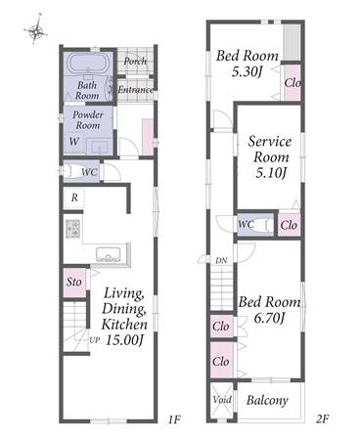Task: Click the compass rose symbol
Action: pyautogui.click(x=36, y=29)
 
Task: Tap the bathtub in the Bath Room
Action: pyautogui.click(x=87, y=63)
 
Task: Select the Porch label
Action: pyautogui.click(x=135, y=62)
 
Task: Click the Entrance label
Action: pyautogui.click(x=135, y=90)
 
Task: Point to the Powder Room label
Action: pyautogui.click(x=87, y=119)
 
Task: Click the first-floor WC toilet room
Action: pyautogui.click(x=81, y=171)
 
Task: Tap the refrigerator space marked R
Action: pyautogui.click(x=74, y=198)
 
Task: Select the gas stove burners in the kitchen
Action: pyautogui.click(x=73, y=229)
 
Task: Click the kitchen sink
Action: pyautogui.click(x=109, y=254)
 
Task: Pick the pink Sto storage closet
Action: pyautogui.click(x=74, y=283)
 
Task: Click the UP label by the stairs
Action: pyautogui.click(x=94, y=340)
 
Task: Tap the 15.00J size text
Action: pyautogui.click(x=125, y=340)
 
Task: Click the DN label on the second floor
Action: pyautogui.click(x=221, y=261)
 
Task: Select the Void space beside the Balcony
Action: pyautogui.click(x=222, y=400)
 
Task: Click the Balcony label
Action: pyautogui.click(x=267, y=401)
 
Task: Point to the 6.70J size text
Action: pyautogui.click(x=269, y=318)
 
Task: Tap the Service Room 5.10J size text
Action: pyautogui.click(x=271, y=173)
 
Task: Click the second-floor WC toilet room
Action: pyautogui.click(x=255, y=225)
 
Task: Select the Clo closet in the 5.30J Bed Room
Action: pyautogui.click(x=292, y=83)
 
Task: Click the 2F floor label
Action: pyautogui.click(x=321, y=418)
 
